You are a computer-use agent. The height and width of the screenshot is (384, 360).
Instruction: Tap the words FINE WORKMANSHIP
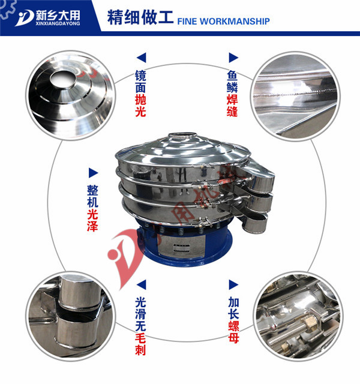[x=223, y=22]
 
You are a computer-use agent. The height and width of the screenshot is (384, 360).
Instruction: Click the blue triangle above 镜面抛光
[x=142, y=58]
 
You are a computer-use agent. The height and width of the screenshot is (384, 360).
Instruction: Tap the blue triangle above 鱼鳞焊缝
[x=232, y=58]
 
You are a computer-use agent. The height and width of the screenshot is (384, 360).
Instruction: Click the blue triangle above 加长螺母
[x=232, y=281]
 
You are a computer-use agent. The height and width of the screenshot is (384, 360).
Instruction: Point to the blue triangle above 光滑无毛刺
[x=142, y=281]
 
